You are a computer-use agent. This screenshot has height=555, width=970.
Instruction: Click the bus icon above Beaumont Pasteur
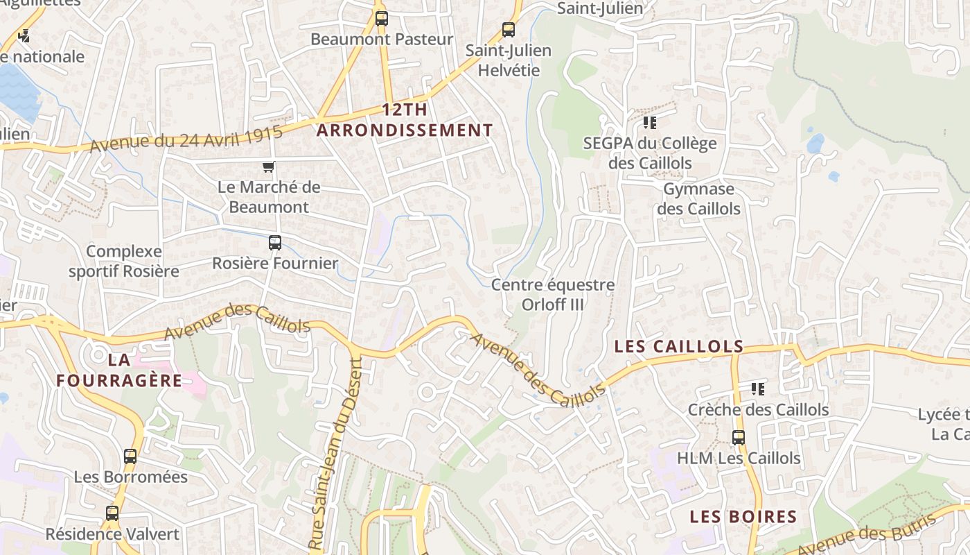381,19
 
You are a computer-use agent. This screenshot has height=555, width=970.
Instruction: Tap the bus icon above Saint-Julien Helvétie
509,30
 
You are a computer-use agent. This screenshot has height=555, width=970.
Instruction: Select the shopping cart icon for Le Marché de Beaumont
269,166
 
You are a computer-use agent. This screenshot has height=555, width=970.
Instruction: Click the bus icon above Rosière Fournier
275,243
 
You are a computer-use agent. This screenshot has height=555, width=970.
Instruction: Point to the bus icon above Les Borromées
130,456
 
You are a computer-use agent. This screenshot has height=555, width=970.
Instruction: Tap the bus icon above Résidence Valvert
112,513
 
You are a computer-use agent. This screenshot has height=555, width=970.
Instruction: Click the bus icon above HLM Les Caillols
739,438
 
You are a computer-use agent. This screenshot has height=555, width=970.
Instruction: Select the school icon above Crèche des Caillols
758,388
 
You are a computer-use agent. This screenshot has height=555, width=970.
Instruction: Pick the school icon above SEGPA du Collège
649,123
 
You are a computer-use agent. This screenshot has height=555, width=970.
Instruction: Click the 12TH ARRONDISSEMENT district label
405,120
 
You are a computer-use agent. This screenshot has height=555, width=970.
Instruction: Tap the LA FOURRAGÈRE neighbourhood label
119,370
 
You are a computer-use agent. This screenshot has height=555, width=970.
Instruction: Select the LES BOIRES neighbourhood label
743,517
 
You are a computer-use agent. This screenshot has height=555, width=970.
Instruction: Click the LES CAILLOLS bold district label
679,346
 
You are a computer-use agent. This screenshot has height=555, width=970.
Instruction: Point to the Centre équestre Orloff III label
553,295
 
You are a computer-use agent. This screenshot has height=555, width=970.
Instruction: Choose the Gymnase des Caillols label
698,199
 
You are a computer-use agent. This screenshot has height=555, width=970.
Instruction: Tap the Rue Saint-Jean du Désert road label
336,454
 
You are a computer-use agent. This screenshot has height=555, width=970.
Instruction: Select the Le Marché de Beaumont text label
269,197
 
